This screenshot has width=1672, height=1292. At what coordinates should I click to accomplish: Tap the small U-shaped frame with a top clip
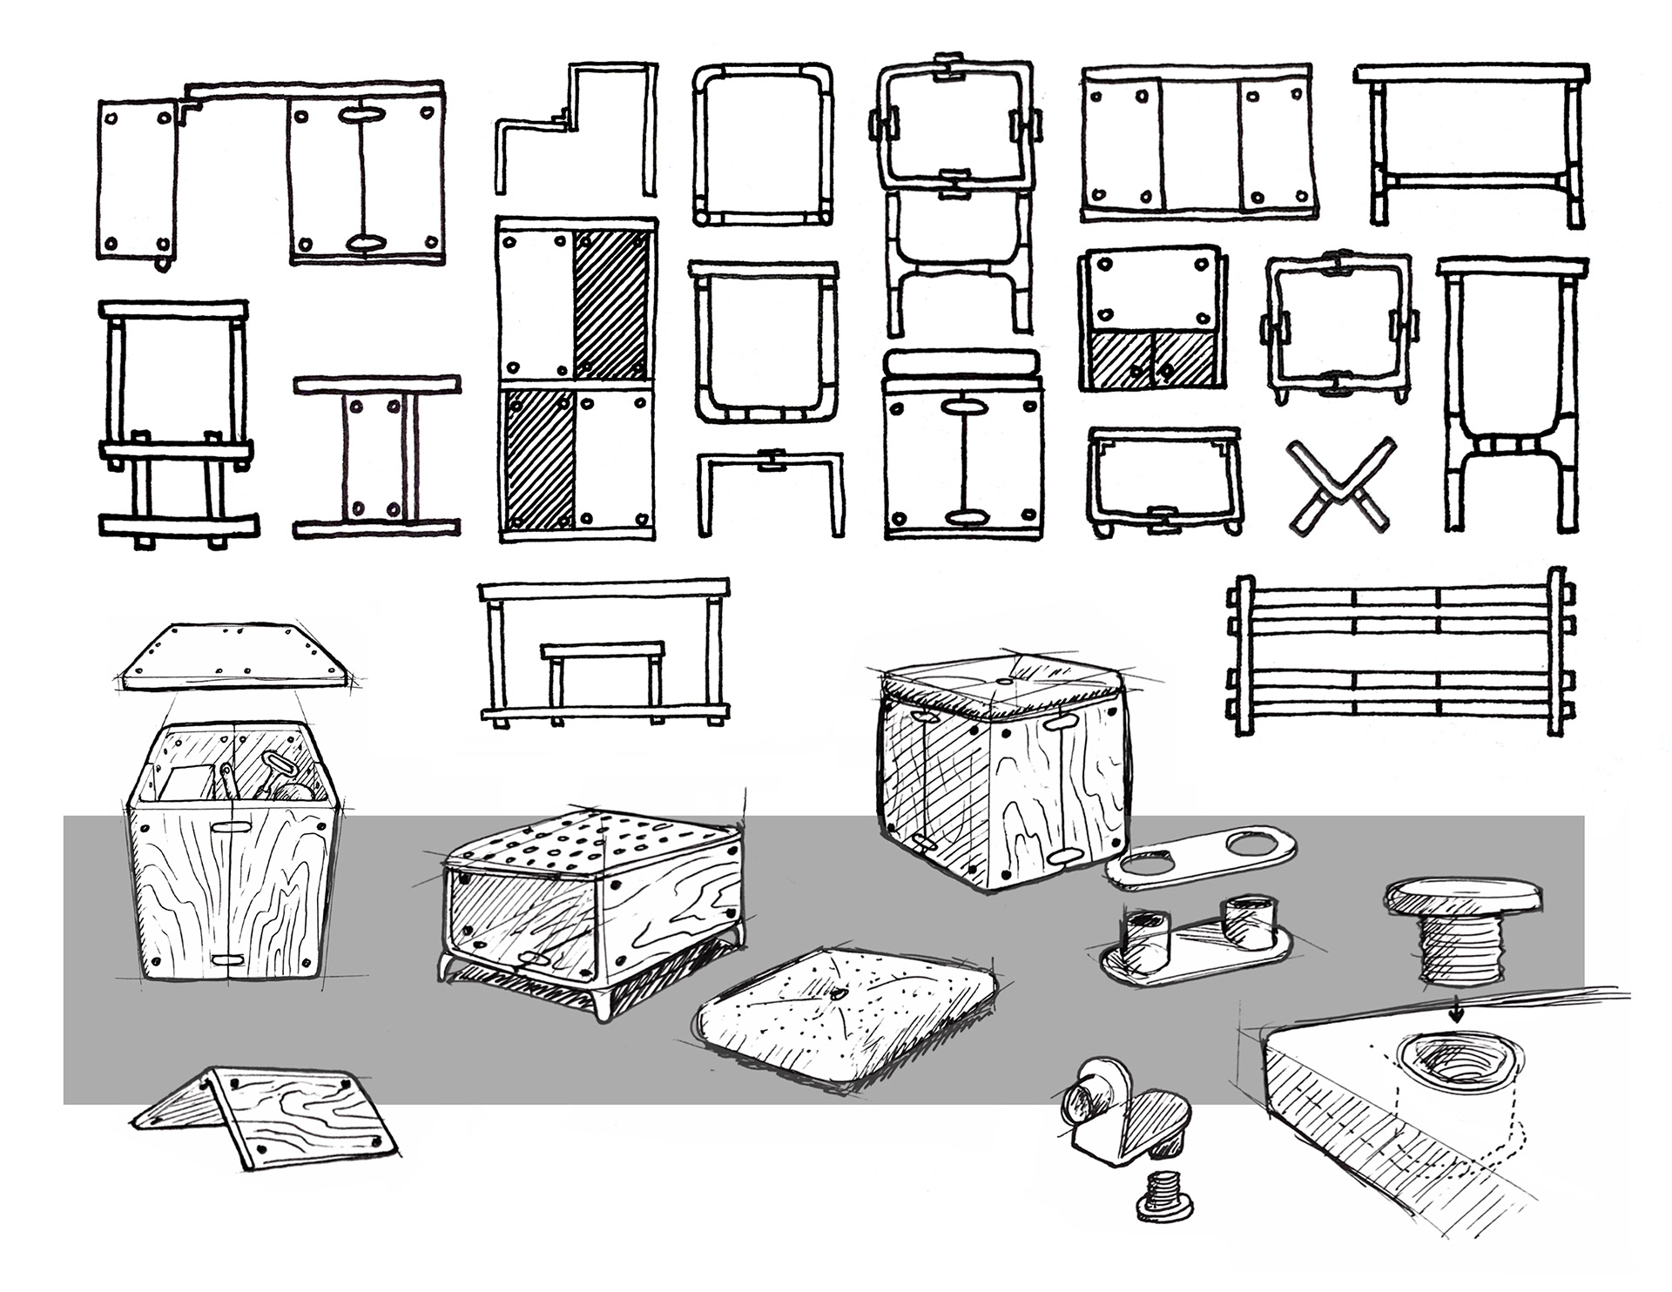[x=770, y=489]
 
